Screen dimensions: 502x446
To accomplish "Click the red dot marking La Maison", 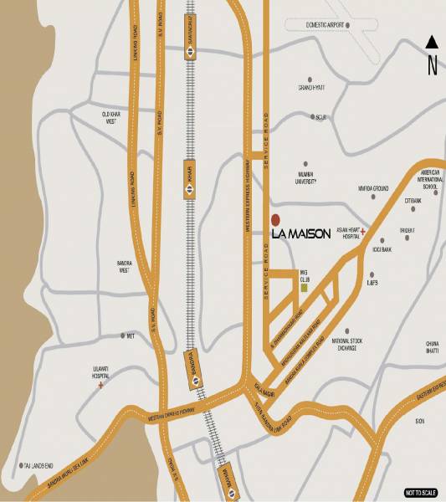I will pyautogui.click(x=275, y=221).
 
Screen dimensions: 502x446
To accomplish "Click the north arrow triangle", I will pyautogui.click(x=432, y=42).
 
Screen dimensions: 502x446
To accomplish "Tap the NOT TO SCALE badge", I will pyautogui.click(x=421, y=492).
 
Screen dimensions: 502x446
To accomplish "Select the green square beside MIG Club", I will pyautogui.click(x=305, y=288).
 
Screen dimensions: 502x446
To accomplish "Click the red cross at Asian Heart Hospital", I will pyautogui.click(x=363, y=229).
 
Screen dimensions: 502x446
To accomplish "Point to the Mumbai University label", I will pyautogui.click(x=310, y=177).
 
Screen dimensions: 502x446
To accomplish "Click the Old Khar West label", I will pyautogui.click(x=115, y=117).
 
